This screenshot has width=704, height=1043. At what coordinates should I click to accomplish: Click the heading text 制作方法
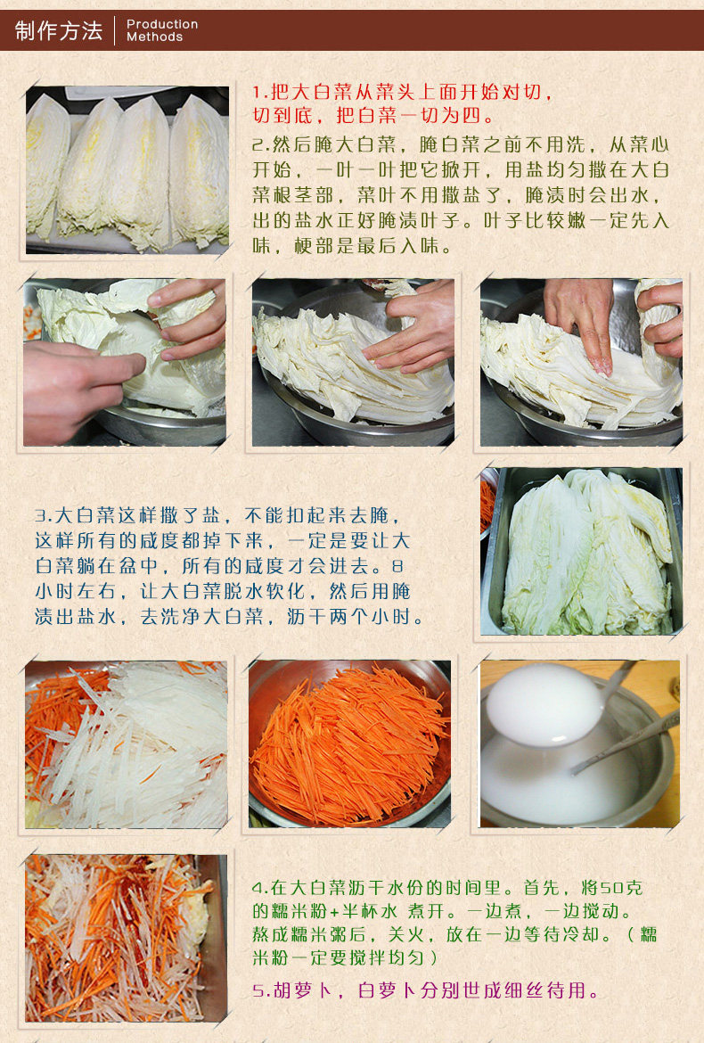[59, 30]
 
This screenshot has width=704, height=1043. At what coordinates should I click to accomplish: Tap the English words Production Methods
[162, 30]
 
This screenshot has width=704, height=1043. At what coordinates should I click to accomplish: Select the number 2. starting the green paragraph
[260, 144]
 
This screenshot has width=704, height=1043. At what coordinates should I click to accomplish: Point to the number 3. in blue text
[44, 515]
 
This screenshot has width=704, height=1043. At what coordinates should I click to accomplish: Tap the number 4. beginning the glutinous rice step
[260, 888]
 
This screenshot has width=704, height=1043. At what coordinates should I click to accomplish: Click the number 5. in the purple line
[261, 991]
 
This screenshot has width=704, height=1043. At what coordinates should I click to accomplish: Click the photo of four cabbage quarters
[127, 170]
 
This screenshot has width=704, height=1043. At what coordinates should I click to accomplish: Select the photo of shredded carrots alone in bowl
[349, 743]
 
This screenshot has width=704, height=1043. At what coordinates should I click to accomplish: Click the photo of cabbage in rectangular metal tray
[581, 551]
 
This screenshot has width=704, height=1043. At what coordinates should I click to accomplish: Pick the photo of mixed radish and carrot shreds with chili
[127, 938]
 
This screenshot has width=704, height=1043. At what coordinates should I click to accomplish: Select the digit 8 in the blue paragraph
[397, 566]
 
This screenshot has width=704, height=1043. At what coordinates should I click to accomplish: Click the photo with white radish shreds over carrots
[127, 744]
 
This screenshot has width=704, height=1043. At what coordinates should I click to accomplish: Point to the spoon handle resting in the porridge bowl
[625, 743]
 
